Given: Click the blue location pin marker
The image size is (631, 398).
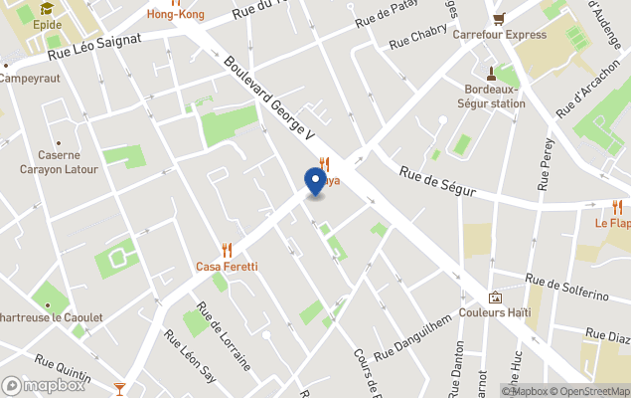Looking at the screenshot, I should [315, 182].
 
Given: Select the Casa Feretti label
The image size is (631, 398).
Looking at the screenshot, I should [227, 267].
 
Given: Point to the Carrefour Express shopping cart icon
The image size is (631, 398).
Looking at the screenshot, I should [499, 18].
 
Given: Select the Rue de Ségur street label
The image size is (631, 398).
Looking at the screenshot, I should [437, 180].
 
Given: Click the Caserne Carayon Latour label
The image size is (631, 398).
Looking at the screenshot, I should [60, 162].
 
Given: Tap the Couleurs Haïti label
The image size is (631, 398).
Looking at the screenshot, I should [495, 312].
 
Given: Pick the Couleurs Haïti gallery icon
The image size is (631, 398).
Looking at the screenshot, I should [495, 297].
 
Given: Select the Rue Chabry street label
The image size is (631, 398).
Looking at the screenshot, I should [417, 38].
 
